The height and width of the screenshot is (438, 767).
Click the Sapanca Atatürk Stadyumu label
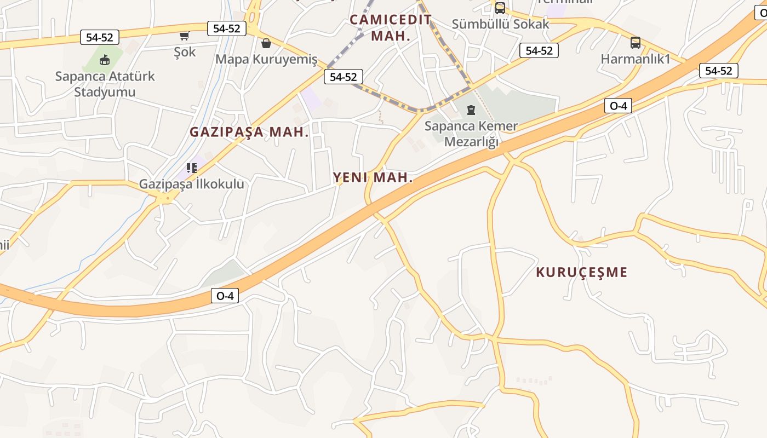click(105, 84)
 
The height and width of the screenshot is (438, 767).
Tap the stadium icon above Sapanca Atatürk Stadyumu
click(105, 60)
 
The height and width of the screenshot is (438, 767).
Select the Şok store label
click(185, 52)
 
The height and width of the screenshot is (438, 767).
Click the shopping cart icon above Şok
click(185, 36)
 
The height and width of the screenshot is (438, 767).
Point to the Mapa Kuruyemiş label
click(266, 59)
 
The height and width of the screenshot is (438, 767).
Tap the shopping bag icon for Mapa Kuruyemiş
click(266, 43)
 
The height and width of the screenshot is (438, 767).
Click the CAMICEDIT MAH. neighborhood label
click(391, 28)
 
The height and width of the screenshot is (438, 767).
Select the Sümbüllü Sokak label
click(500, 24)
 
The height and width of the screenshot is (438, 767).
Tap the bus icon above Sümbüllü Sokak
click(500, 8)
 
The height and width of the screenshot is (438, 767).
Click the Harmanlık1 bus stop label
click(636, 59)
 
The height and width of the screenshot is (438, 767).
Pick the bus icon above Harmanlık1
click(636, 43)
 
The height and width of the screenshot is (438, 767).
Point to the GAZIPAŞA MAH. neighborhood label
click(249, 132)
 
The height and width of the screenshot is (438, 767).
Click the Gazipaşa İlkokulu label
click(191, 184)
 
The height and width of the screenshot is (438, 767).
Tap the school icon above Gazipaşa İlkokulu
click(191, 168)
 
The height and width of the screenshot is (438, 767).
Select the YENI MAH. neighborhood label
click(373, 177)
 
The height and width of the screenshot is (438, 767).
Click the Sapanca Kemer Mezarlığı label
click(471, 134)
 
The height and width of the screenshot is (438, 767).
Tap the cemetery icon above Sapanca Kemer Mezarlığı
click(471, 111)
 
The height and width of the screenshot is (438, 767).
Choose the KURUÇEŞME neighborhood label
click(581, 272)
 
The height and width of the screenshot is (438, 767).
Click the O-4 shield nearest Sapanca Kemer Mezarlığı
click(618, 106)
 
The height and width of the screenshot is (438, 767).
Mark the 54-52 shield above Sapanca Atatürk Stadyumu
click(100, 37)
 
